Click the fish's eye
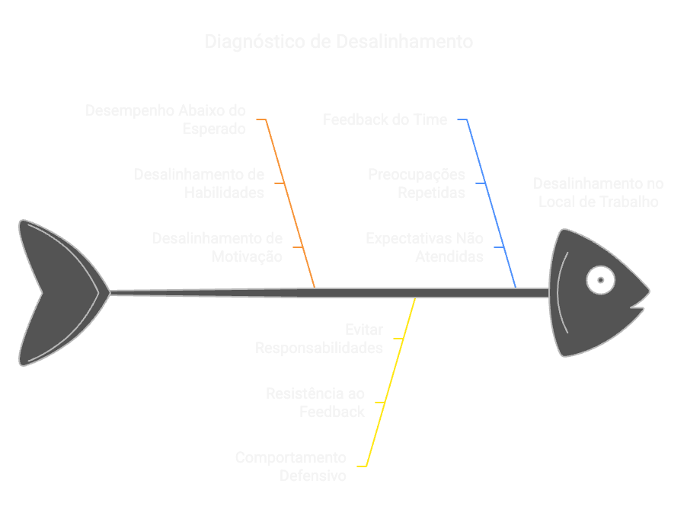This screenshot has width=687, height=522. click(x=600, y=280)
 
